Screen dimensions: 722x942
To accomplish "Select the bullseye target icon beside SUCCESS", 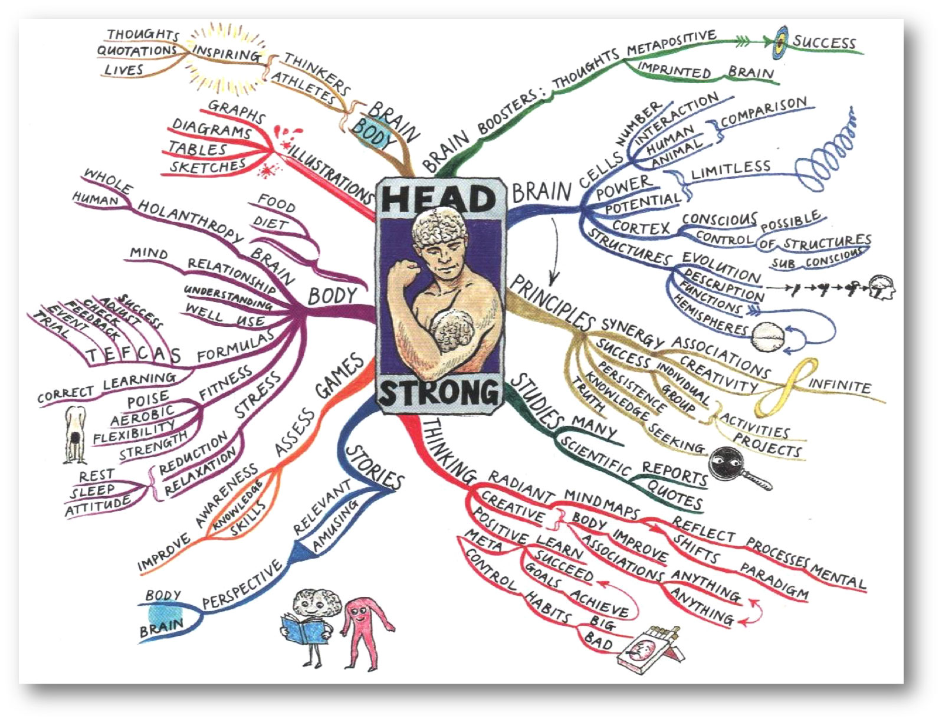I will pos(780,42).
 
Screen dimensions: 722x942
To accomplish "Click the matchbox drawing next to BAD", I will pos(649,649).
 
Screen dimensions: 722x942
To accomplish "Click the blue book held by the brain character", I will pos(304,630).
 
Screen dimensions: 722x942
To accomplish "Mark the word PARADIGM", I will pos(774,580).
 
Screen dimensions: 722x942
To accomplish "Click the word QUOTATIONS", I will pos(137,51).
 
